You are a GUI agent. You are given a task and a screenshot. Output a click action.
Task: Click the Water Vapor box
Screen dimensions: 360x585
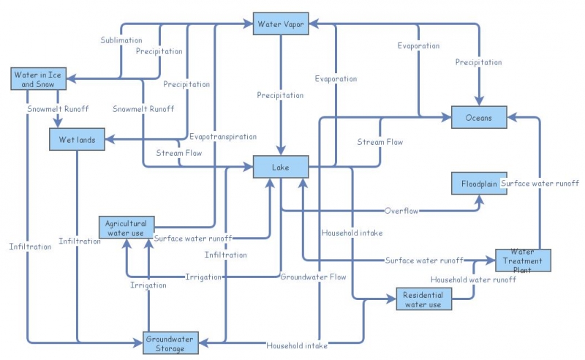(x=281, y=24)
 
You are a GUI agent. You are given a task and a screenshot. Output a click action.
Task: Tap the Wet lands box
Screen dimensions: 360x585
(x=77, y=139)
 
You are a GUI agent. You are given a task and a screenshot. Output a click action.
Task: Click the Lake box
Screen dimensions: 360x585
(x=281, y=168)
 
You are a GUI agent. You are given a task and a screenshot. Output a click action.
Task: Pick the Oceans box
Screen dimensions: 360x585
(x=479, y=117)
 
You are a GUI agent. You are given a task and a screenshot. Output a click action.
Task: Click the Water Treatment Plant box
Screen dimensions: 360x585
(x=523, y=260)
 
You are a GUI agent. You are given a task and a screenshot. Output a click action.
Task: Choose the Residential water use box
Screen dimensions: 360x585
(x=423, y=300)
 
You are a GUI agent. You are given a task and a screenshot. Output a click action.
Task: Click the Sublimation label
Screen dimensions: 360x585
(x=121, y=40)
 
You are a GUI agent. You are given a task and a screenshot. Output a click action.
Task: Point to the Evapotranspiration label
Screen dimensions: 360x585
(x=223, y=137)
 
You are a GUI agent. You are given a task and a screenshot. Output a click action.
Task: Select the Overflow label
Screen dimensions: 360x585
(x=401, y=211)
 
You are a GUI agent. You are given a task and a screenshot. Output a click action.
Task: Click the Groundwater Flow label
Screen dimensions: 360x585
(x=313, y=277)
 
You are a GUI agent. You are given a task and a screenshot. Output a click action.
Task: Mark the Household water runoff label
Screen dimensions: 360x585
(x=472, y=280)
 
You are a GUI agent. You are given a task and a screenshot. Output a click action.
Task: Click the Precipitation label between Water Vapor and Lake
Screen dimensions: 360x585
(x=280, y=96)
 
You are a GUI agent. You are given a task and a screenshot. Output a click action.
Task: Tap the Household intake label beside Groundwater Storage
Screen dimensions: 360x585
(x=296, y=345)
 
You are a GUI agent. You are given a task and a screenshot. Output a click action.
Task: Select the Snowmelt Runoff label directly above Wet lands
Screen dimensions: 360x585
(x=58, y=109)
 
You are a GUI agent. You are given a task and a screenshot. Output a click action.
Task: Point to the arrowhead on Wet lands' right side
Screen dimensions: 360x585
(x=110, y=139)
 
